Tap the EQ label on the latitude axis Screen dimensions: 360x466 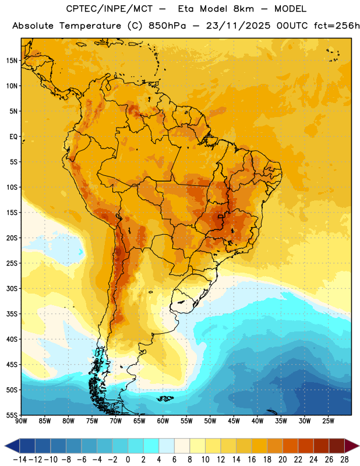click(x=13, y=137)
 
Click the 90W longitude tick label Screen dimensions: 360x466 click(x=21, y=421)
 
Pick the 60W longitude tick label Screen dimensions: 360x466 click(x=163, y=421)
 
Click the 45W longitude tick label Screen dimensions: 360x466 click(x=234, y=421)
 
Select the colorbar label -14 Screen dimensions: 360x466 click(x=20, y=460)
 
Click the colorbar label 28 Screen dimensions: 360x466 click(x=344, y=460)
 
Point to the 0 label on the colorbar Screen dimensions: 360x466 click(x=128, y=460)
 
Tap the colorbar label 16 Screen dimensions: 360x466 click(x=252, y=460)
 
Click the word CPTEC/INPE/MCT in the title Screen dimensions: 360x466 click(x=109, y=9)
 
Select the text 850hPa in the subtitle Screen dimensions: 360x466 click(x=167, y=26)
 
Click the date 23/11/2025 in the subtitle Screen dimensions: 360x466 click(x=238, y=26)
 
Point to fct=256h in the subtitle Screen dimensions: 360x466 click(x=337, y=26)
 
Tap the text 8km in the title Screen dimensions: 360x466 click(x=243, y=9)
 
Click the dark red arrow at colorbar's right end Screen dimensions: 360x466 click(x=351, y=446)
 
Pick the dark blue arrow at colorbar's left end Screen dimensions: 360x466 click(x=12, y=446)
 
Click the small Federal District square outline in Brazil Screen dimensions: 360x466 click(x=220, y=216)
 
